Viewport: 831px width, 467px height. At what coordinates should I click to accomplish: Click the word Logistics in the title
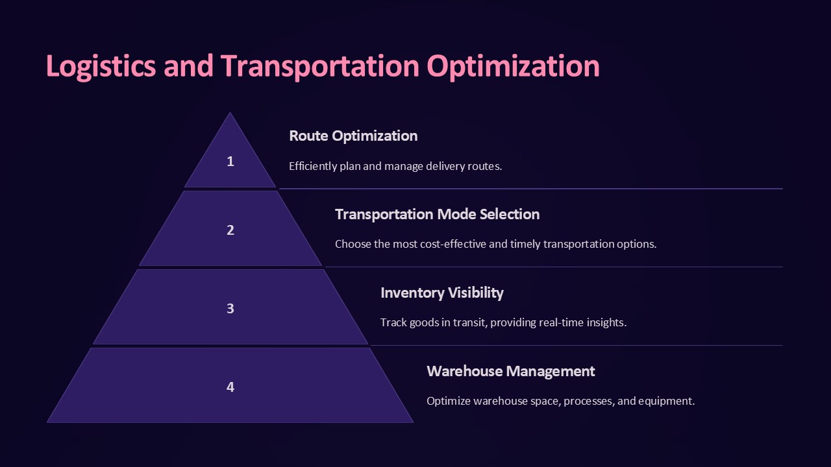pyautogui.click(x=101, y=66)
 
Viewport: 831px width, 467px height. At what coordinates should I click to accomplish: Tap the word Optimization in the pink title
pyautogui.click(x=513, y=66)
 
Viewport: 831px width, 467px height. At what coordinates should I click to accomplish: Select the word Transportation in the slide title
pyautogui.click(x=319, y=66)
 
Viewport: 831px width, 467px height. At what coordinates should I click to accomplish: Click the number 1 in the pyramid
pyautogui.click(x=230, y=162)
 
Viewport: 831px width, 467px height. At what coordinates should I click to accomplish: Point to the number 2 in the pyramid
pyautogui.click(x=230, y=230)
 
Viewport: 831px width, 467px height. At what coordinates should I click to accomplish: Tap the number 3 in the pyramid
pyautogui.click(x=230, y=309)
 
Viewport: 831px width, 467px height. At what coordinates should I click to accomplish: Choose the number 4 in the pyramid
pyautogui.click(x=230, y=387)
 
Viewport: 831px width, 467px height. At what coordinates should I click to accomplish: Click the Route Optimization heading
pyautogui.click(x=353, y=136)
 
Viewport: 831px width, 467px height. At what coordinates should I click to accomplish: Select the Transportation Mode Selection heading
pyautogui.click(x=437, y=214)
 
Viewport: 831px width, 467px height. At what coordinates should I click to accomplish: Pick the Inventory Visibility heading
pyautogui.click(x=441, y=293)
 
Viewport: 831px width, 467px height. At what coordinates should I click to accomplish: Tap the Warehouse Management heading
pyautogui.click(x=510, y=371)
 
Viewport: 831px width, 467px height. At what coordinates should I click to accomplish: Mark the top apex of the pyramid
pyautogui.click(x=230, y=114)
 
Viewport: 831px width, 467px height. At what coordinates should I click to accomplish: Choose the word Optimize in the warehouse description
pyautogui.click(x=449, y=401)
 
